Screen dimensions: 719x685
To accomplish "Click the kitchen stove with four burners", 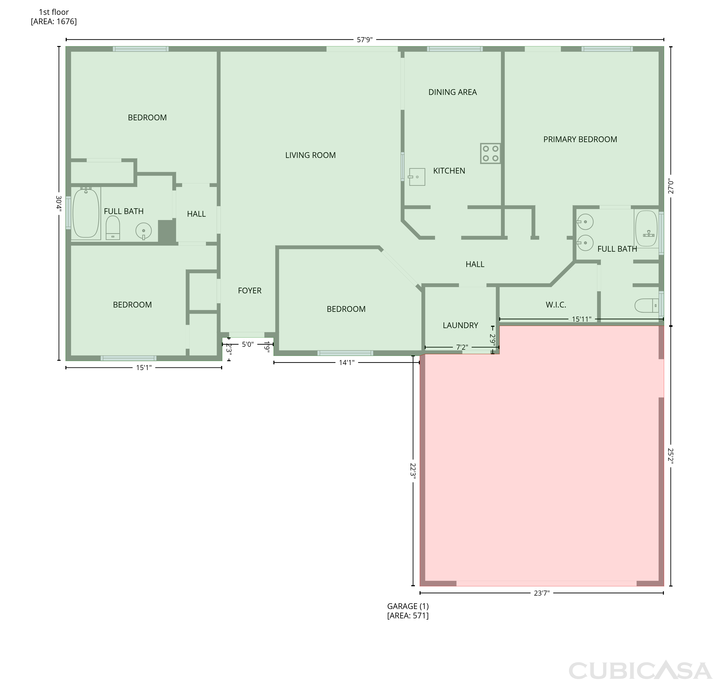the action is click(x=490, y=153).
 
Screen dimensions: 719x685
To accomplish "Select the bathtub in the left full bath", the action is click(x=86, y=213).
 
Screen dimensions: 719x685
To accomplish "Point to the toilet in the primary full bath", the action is click(x=647, y=306).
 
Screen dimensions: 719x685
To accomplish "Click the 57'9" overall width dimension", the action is click(x=365, y=40).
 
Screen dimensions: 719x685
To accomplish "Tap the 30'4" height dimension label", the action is click(x=58, y=203).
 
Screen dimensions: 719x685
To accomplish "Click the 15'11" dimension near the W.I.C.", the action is click(x=581, y=319).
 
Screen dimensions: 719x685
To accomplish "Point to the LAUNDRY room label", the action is click(x=460, y=325).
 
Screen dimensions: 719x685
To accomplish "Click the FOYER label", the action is click(x=250, y=291).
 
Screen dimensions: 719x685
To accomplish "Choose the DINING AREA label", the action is click(x=452, y=92).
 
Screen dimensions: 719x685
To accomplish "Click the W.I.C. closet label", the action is click(x=556, y=305).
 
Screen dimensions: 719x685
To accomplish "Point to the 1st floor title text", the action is click(x=54, y=12).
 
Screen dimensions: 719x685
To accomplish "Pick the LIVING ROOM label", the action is click(x=310, y=155).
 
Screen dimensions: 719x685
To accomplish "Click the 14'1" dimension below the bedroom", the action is click(x=347, y=363).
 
